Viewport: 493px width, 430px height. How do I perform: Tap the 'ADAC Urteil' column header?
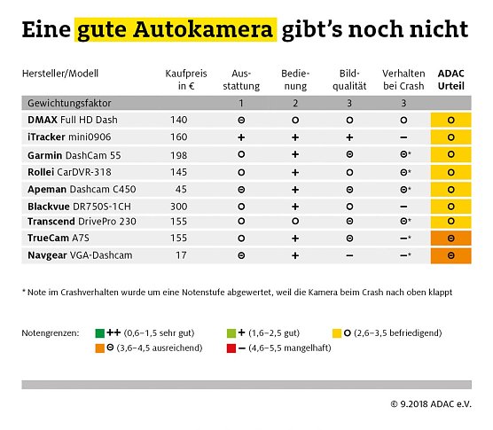tap(450, 80)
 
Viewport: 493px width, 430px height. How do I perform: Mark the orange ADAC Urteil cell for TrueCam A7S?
tap(450, 238)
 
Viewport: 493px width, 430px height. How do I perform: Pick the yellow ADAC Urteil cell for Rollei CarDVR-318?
tap(450, 171)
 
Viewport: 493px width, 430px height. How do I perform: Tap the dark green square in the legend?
tap(100, 332)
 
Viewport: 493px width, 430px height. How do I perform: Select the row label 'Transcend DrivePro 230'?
tap(82, 222)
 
